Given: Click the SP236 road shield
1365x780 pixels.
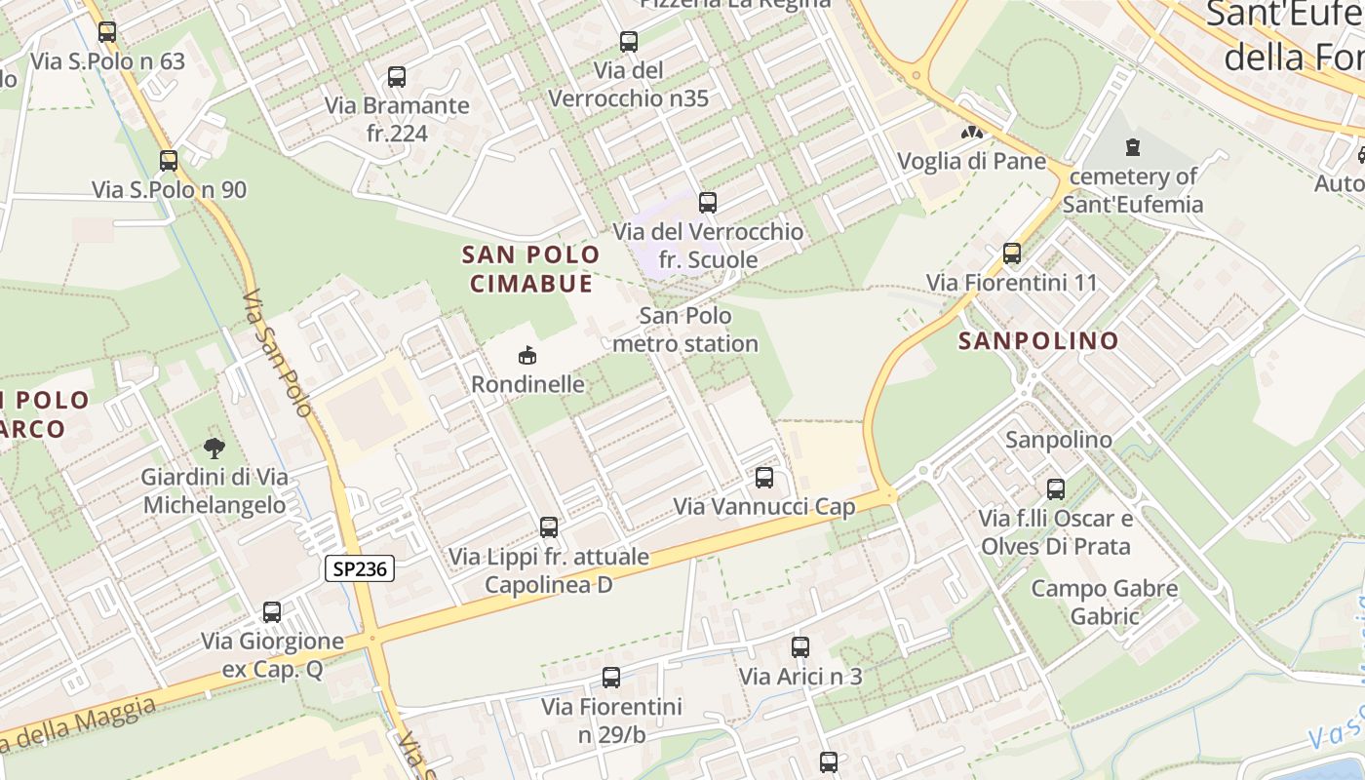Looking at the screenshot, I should click(359, 569).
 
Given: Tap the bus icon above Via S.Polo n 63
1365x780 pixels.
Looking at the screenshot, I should click(107, 31).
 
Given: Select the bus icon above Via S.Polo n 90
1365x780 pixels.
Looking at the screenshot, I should click(169, 160).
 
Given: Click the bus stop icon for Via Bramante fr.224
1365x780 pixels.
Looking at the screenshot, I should click(396, 76).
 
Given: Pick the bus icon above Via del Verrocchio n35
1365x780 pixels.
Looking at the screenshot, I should click(629, 41).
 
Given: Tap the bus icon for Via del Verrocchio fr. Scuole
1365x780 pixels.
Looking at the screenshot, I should click(708, 202).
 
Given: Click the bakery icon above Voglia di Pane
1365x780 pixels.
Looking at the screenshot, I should click(971, 132).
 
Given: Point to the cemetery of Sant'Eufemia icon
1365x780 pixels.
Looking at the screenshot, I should click(1132, 147).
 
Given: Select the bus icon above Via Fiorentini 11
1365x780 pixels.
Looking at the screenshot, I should click(1012, 253).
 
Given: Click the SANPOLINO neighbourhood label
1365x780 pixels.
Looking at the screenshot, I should click(1038, 341).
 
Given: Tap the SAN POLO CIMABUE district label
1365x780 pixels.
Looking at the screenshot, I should click(531, 269).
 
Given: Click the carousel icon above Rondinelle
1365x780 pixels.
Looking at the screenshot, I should click(527, 354).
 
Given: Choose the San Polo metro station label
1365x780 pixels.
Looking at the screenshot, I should click(685, 330).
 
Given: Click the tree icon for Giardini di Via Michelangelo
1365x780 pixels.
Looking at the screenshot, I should click(214, 448).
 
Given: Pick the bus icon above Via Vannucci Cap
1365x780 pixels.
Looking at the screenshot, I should click(764, 477).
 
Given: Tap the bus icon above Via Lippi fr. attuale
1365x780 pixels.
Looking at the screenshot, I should click(549, 526).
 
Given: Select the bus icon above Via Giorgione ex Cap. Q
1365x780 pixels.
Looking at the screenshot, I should click(272, 611).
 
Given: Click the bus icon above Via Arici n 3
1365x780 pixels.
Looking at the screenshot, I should click(800, 646).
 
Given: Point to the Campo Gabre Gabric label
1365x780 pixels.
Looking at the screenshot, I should click(1105, 603).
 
